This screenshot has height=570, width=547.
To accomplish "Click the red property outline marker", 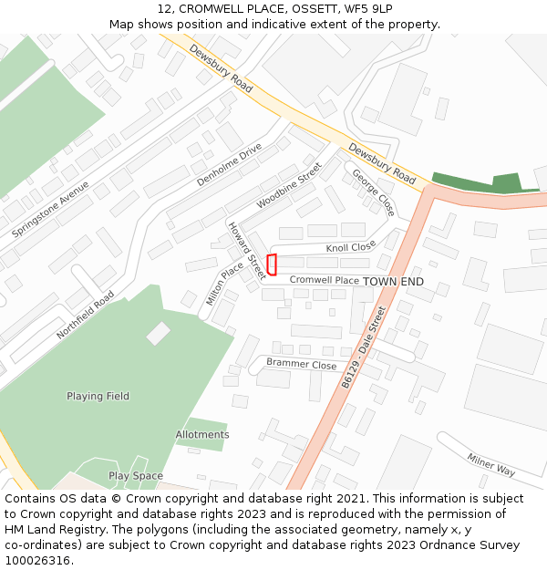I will (x=272, y=264).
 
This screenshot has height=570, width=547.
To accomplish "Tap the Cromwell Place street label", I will (x=325, y=281).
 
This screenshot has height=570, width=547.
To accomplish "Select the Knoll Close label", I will (x=351, y=247).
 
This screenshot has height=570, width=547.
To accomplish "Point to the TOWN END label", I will (x=393, y=282).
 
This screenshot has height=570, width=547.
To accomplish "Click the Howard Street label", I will (x=246, y=250).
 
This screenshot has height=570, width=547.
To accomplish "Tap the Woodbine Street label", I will (x=289, y=186).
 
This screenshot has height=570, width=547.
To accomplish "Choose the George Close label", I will (x=373, y=193).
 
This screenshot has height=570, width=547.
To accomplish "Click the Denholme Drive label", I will (x=230, y=165).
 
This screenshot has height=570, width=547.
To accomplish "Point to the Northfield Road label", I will (x=86, y=316).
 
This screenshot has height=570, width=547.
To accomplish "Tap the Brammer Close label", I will (x=301, y=364).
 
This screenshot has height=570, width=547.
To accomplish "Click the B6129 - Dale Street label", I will (x=364, y=348).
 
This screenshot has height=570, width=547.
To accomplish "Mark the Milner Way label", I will (x=491, y=464).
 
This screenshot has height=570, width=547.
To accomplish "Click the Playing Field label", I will (x=98, y=397).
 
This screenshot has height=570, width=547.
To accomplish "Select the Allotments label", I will (x=202, y=435).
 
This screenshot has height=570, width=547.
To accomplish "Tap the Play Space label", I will (x=136, y=476).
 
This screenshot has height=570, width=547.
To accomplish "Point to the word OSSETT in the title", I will (x=309, y=9).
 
